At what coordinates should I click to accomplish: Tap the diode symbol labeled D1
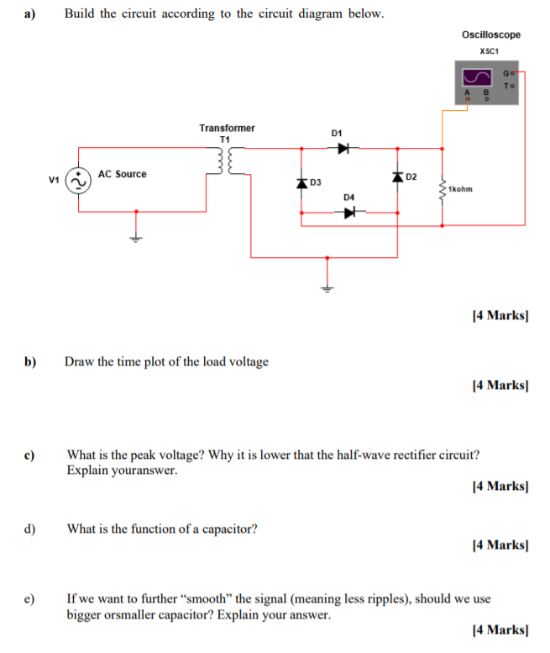click(342, 149)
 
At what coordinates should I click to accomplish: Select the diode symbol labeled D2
click(396, 177)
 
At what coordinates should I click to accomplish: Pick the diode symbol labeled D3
click(301, 182)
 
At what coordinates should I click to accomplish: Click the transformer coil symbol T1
click(225, 161)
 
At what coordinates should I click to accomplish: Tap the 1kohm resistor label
click(460, 189)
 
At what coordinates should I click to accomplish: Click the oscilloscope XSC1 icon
click(485, 82)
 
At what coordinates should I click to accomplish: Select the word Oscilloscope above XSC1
click(490, 34)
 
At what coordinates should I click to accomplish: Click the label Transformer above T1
click(227, 128)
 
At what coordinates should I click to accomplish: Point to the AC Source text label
click(122, 174)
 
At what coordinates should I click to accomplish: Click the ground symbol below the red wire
click(327, 286)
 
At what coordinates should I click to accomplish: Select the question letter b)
click(30, 362)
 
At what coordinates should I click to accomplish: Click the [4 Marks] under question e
click(500, 629)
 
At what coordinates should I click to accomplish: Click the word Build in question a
click(81, 14)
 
